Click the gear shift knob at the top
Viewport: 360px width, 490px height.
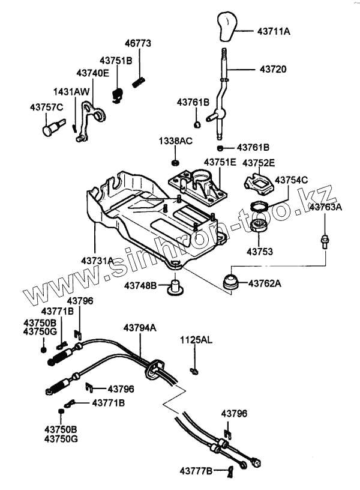[227, 26]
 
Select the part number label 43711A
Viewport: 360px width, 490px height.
[274, 31]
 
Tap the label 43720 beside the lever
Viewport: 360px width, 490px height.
[273, 69]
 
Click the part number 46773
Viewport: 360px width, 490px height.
[137, 43]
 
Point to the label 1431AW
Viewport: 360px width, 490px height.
[71, 92]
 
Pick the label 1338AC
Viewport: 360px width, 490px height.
[175, 141]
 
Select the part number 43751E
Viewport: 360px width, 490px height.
[220, 163]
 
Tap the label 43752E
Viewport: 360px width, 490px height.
[259, 163]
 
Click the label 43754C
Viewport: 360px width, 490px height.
[292, 180]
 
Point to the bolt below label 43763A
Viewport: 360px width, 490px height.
[325, 241]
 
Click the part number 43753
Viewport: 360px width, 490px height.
[259, 252]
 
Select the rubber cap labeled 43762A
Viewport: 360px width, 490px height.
[231, 282]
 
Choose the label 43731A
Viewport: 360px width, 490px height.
[97, 261]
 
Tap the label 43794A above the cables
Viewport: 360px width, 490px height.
[140, 328]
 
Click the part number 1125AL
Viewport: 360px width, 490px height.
[196, 340]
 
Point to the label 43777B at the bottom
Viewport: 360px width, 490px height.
[196, 471]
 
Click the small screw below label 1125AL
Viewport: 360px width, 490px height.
[194, 371]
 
